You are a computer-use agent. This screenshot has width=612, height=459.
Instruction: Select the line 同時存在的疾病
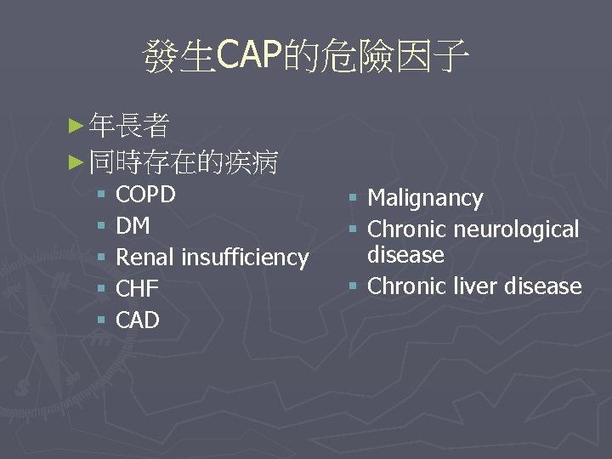point(183,161)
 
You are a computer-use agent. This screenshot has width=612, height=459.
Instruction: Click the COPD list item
point(145,195)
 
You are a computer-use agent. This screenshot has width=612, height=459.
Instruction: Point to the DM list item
point(133,225)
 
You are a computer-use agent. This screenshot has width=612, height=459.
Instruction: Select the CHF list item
point(137,289)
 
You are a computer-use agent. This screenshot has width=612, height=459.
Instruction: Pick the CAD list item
point(137,320)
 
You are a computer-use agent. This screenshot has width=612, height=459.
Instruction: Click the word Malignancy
point(425,199)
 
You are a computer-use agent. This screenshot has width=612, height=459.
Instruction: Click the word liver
point(472,286)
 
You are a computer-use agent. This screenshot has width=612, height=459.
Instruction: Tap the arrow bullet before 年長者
point(76,127)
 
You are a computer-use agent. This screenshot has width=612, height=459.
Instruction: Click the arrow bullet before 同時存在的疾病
point(76,161)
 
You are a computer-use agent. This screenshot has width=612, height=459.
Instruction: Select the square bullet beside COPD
point(100,195)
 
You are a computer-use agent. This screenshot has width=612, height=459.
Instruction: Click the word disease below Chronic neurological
point(405,255)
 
